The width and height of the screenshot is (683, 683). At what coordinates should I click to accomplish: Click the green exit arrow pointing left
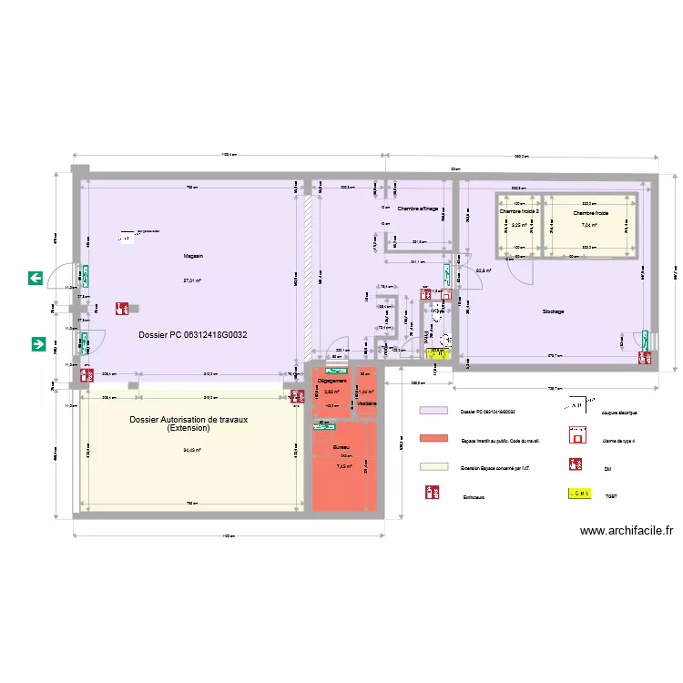coord(36,278)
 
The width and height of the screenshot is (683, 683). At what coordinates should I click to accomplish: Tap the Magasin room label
coord(192,257)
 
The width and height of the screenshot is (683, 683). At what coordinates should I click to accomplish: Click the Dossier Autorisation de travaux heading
coord(189,398)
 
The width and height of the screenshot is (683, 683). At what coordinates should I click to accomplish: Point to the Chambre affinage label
coord(417,210)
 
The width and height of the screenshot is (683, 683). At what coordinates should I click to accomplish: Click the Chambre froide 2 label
coord(518,211)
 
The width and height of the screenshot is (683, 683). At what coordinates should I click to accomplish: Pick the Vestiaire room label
coord(367,403)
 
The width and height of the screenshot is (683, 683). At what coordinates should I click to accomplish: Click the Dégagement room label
coord(331,381)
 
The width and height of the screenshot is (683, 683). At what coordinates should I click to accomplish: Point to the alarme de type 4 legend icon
coord(576,438)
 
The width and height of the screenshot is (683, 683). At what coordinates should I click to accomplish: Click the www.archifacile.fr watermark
coord(627,531)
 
